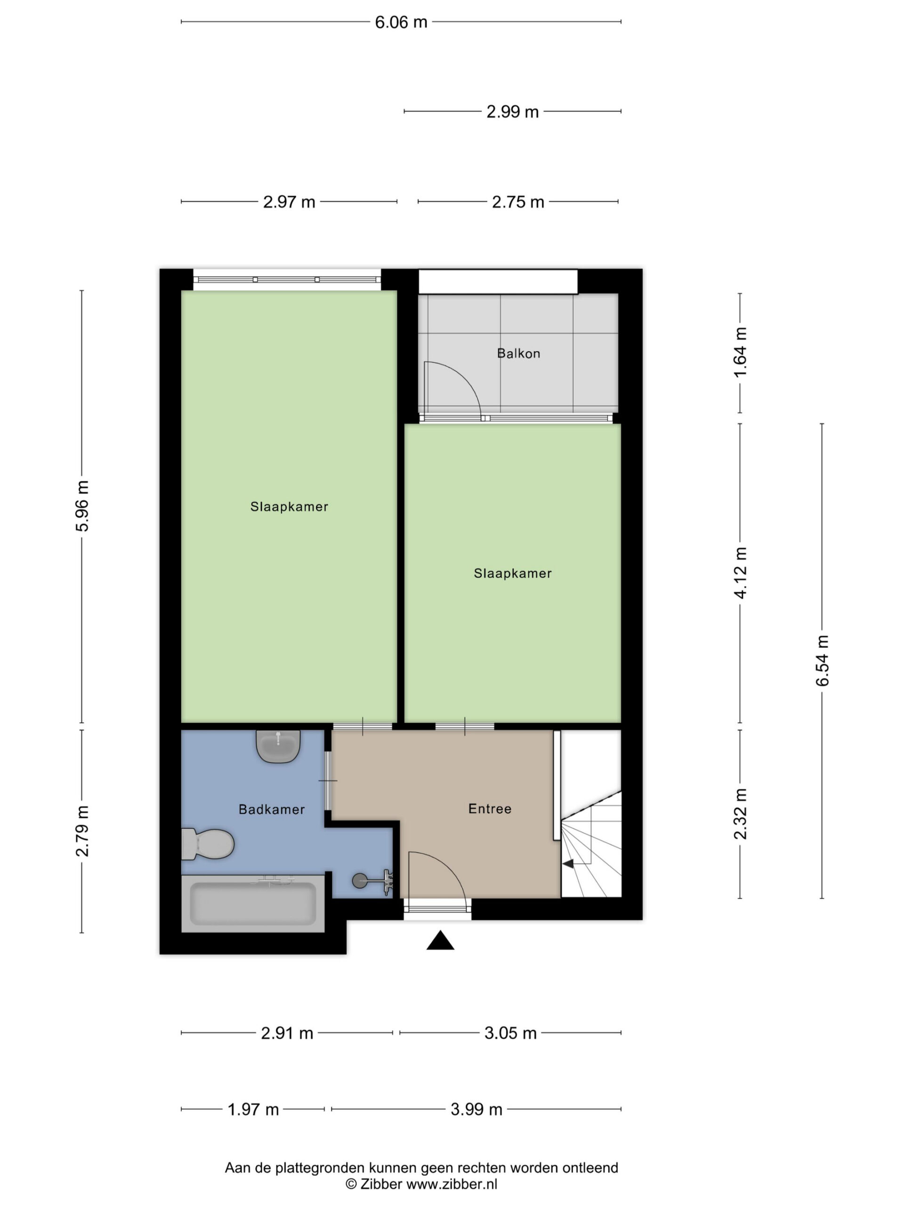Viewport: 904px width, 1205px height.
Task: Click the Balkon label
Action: [518, 353]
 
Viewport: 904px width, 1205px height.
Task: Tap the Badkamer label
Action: [271, 810]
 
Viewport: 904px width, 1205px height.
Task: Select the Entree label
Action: [490, 809]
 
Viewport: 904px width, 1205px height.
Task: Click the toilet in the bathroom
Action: [208, 844]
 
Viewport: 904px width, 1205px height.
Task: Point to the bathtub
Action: [253, 904]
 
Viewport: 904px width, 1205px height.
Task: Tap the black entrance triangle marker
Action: [440, 941]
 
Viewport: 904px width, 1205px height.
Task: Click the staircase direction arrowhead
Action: [568, 863]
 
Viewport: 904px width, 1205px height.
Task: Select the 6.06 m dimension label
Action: [401, 22]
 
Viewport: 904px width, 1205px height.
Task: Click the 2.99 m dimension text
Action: [512, 112]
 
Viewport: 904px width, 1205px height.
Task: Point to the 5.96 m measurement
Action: [82, 506]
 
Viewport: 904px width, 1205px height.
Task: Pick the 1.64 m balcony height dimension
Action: [740, 353]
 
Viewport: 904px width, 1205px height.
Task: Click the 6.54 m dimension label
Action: [822, 660]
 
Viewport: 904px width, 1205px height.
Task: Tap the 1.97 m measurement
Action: [253, 1109]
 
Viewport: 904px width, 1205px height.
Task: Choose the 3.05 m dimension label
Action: [510, 1033]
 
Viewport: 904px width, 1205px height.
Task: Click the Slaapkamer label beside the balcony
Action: [513, 573]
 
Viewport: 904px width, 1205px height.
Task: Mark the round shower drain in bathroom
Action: [360, 881]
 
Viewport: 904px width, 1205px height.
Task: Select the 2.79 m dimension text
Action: [82, 831]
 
